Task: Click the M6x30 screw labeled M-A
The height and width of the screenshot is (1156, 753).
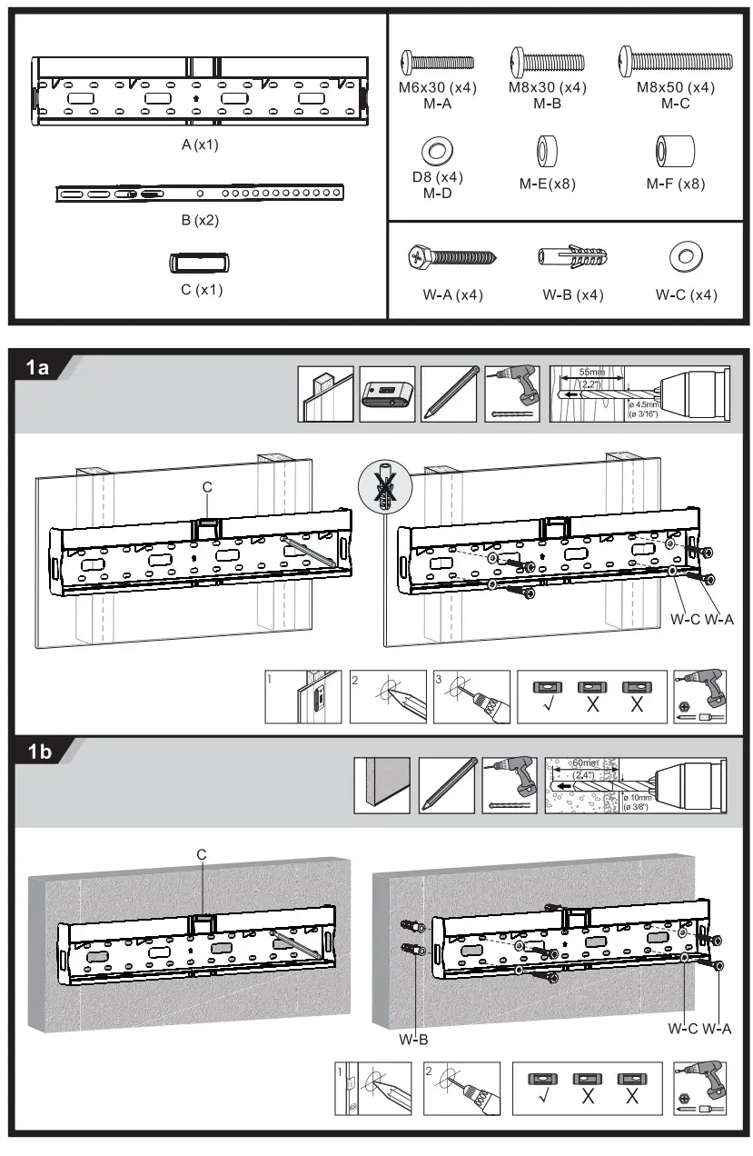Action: point(437,62)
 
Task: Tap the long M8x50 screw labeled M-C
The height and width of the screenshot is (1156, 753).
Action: point(676,61)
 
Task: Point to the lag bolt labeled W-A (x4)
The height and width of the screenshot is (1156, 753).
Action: point(451,258)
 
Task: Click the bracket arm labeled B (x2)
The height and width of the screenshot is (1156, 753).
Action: point(201,193)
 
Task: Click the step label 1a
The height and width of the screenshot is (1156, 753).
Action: point(39,367)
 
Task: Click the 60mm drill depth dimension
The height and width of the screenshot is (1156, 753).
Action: point(583,762)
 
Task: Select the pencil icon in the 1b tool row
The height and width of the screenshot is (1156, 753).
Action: point(447,784)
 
